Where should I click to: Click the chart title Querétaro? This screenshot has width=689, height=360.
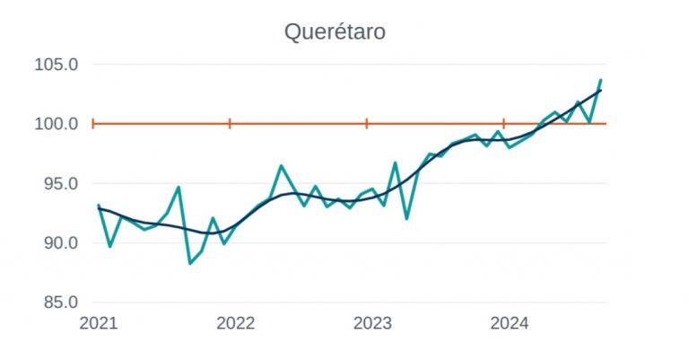coord(335,31)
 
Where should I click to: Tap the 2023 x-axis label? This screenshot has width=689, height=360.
coord(367,323)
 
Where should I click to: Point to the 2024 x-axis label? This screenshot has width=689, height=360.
coord(504,323)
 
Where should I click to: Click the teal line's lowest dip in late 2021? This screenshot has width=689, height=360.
coord(190,263)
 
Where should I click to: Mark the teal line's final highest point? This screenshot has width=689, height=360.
coord(600,81)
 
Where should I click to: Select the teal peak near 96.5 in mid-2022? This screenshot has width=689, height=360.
coord(281,165)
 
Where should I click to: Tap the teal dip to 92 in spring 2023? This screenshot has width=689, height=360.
coord(406,218)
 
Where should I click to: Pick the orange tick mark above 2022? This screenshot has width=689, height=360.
coord(230,123)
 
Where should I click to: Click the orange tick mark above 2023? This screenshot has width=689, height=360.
coord(367,123)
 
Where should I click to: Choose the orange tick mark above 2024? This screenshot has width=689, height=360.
coord(504,123)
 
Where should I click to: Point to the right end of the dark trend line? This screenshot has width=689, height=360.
coord(600,91)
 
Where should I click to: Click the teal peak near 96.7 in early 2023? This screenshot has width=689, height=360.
coord(395,162)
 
